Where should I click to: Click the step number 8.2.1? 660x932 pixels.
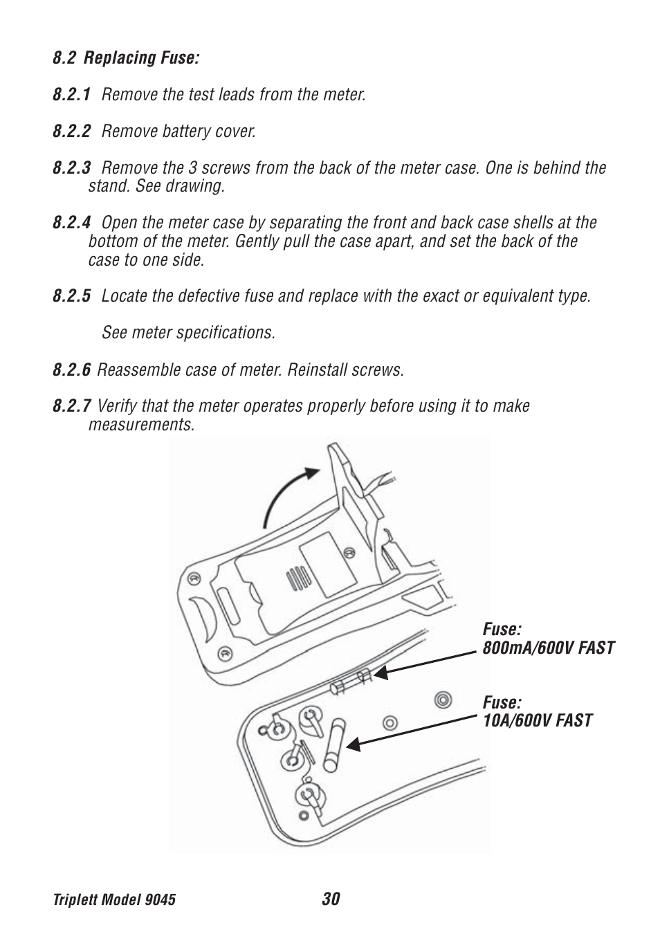click(x=71, y=95)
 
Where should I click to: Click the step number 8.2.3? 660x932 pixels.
click(x=71, y=168)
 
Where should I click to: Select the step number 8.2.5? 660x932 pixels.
click(x=71, y=297)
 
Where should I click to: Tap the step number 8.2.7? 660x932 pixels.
click(x=71, y=406)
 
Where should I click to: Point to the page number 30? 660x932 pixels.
click(x=330, y=899)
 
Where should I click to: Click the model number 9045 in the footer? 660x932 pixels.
click(x=161, y=899)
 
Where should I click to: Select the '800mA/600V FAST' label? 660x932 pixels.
click(x=549, y=648)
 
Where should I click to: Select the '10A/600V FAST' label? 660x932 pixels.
click(x=537, y=721)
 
